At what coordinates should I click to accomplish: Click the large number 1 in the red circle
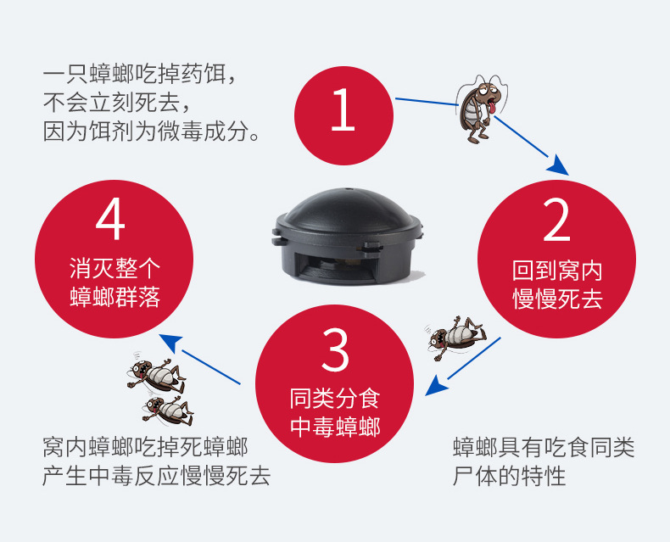click(343, 110)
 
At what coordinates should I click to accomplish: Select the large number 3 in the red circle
click(335, 350)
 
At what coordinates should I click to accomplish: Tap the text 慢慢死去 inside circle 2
click(557, 299)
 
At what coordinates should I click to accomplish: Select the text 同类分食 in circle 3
click(335, 399)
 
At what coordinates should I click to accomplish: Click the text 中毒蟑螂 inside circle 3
click(335, 427)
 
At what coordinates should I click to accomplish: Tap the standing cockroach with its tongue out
click(480, 109)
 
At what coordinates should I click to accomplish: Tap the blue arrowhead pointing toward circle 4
click(172, 343)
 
